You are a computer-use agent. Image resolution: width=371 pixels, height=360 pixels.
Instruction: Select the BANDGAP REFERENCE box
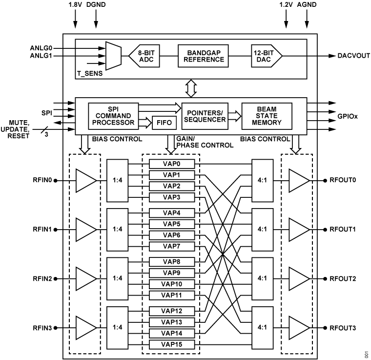point(201,56)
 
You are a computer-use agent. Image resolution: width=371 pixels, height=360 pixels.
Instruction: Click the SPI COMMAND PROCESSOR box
point(113,116)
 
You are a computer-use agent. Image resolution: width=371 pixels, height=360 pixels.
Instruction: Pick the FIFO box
point(162,122)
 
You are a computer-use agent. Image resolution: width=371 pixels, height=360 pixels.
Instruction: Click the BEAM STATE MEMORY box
point(267,116)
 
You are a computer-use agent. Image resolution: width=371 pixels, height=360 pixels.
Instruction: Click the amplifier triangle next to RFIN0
point(86,180)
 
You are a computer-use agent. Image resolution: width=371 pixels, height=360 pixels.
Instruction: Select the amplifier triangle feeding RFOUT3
point(299,327)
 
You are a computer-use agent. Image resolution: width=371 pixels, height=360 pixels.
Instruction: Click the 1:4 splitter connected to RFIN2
point(117,278)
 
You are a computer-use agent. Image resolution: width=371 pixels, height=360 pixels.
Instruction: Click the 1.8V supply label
point(76,4)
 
